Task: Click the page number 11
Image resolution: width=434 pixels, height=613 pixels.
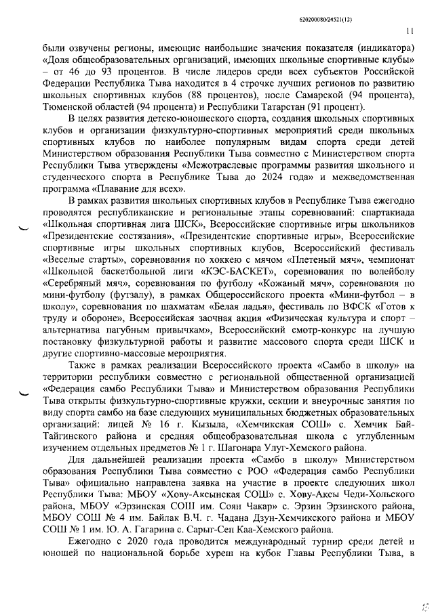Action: pyautogui.click(x=410, y=30)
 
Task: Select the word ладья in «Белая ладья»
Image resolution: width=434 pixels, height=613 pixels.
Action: pyautogui.click(x=226, y=306)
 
